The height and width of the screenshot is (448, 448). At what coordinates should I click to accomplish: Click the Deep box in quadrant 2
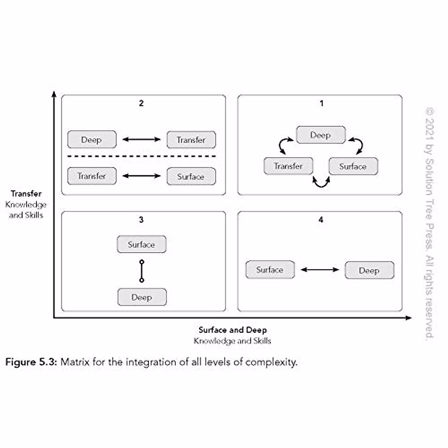pyautogui.click(x=92, y=140)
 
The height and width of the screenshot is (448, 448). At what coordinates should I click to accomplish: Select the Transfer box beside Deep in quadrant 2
pyautogui.click(x=191, y=140)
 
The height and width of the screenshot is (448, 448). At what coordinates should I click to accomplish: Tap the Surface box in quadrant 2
pyautogui.click(x=191, y=176)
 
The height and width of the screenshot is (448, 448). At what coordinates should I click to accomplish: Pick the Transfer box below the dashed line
pyautogui.click(x=92, y=176)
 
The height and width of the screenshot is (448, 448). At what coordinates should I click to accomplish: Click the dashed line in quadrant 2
pyautogui.click(x=142, y=156)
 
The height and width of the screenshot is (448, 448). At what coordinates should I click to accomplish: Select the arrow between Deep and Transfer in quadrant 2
pyautogui.click(x=141, y=140)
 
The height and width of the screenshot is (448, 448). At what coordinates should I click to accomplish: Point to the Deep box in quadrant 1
pyautogui.click(x=321, y=135)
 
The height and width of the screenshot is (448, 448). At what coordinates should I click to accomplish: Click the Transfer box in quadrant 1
pyautogui.click(x=288, y=166)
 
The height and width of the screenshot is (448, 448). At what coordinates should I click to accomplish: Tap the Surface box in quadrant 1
pyautogui.click(x=353, y=167)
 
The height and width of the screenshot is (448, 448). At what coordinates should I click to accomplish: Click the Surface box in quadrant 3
pyautogui.click(x=141, y=245)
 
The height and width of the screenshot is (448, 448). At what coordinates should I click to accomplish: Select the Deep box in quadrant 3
pyautogui.click(x=142, y=297)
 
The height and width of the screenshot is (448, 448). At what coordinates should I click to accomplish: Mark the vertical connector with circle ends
pyautogui.click(x=141, y=271)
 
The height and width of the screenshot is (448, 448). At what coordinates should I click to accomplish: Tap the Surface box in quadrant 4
pyautogui.click(x=270, y=270)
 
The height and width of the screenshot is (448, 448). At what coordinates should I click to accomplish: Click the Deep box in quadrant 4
pyautogui.click(x=369, y=270)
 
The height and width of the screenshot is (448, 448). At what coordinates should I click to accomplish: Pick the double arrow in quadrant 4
pyautogui.click(x=320, y=270)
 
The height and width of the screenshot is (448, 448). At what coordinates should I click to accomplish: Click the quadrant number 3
pyautogui.click(x=141, y=220)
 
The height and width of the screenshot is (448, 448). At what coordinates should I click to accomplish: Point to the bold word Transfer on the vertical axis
pyautogui.click(x=26, y=193)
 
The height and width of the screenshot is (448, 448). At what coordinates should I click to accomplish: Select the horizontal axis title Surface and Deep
pyautogui.click(x=233, y=330)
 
